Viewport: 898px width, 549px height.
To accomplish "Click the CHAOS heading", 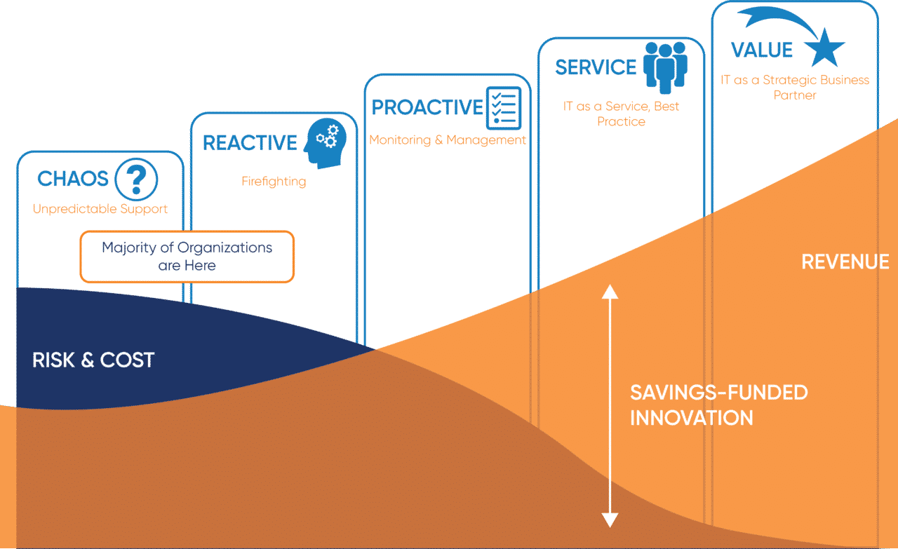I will coord(73,179).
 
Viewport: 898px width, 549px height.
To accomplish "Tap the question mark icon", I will coord(136,179).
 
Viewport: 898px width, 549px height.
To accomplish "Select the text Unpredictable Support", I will coord(100,209).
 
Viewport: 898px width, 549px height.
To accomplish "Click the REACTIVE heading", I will coord(250,143).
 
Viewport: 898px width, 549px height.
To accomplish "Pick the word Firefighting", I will coord(274,182).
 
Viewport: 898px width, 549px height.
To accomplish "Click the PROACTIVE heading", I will coord(427,107).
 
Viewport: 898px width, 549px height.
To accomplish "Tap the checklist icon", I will coord(504,107).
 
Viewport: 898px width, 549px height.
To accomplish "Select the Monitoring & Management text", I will coord(448,140).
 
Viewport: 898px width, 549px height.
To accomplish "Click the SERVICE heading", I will coord(596,67).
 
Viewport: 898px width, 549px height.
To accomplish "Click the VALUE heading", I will coord(762,50).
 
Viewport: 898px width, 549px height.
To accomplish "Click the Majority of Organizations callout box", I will coord(187,257).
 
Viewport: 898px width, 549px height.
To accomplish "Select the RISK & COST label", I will coord(93,360).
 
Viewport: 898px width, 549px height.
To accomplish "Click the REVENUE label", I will coord(845,262).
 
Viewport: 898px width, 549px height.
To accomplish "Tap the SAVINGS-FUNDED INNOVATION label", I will coord(718,405).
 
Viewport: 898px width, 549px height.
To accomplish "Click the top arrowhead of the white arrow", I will coord(610,291).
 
